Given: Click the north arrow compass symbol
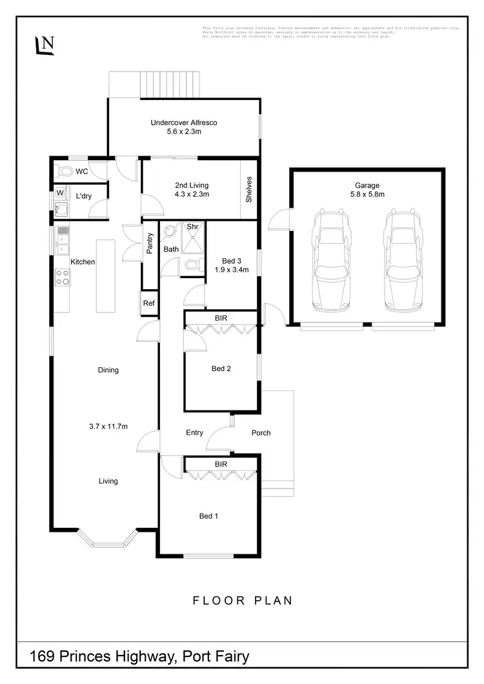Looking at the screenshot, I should coord(45,45).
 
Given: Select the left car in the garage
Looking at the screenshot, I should coord(330,258).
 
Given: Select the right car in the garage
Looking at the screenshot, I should coord(402,258).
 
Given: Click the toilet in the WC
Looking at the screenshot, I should coord(64,172).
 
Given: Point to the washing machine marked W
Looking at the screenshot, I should coord(60,193).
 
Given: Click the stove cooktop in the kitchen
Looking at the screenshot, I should coord(63,277).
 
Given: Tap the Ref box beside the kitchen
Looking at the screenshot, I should coord(149,303).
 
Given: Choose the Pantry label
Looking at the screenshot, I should coord(149,243).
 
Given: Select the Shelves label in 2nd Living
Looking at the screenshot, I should coord(249,189).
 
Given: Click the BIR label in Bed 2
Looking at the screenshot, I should coord(221,317).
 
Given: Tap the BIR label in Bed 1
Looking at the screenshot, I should coord(221,463).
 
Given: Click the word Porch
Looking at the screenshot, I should coord(261,432).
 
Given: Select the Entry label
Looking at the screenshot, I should coord(194,432).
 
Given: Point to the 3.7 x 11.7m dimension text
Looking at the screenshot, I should coord(108,426).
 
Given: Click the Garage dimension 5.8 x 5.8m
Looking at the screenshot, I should coord(367,194).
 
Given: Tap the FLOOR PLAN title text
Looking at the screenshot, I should coord(243,601).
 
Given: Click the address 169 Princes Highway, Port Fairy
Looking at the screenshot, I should coord(140,658).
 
